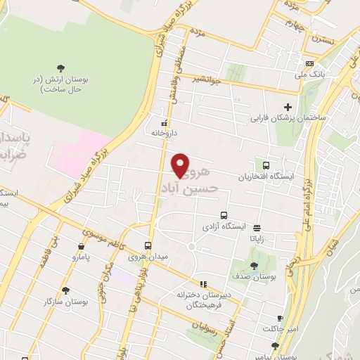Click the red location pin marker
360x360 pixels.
coord(181,165)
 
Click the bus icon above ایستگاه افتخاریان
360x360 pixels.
coord(266,164)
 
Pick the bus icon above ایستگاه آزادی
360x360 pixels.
coord(224,215)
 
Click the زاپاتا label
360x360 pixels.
coord(257,238)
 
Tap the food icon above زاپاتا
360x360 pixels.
coord(257,227)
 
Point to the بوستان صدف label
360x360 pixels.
coord(253,277)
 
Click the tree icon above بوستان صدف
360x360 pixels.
coord(253,266)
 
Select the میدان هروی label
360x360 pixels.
coord(148,257)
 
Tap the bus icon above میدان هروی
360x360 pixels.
coord(148,245)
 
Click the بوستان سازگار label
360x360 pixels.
coord(65,301)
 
